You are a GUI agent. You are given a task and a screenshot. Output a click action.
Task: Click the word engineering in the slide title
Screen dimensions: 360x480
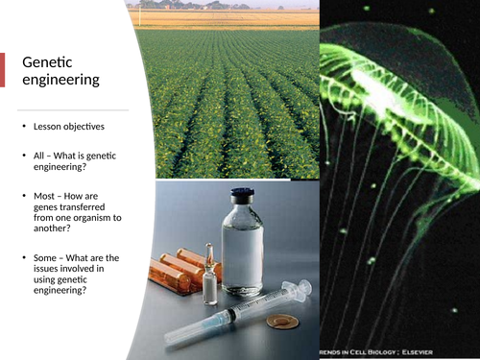(x=61, y=80)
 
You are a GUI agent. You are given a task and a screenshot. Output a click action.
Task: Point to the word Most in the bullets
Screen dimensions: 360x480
(x=46, y=196)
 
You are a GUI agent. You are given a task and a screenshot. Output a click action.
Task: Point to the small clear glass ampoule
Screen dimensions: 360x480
(x=210, y=278)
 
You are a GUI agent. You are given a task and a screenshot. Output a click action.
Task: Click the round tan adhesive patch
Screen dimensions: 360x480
(x=281, y=321)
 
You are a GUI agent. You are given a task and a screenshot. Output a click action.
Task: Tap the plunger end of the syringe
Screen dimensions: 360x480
(x=303, y=287)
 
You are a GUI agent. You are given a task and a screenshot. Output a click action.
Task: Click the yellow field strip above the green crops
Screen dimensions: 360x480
(x=227, y=17)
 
